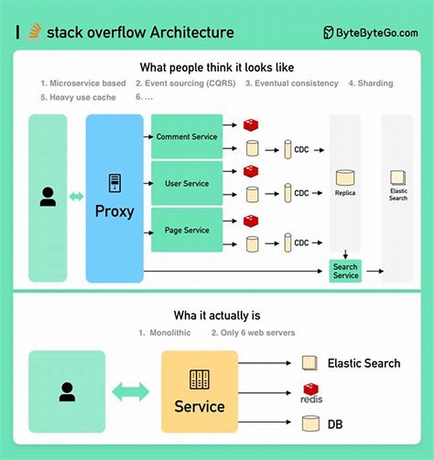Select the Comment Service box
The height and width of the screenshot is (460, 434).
point(187,137)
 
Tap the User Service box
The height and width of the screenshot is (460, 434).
point(187,183)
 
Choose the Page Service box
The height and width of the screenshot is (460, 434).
point(187,230)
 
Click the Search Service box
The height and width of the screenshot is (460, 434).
point(346,271)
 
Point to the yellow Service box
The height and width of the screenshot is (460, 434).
point(199,391)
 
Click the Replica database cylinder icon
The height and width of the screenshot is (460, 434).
point(345,177)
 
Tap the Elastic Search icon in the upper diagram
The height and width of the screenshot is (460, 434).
point(398,178)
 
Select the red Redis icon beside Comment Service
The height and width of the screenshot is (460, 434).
point(251,125)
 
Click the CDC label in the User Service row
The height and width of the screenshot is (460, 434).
point(302,193)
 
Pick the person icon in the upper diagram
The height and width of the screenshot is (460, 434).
point(48,196)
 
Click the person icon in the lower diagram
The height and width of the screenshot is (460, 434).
point(67,391)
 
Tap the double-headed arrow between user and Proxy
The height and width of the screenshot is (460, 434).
point(76,196)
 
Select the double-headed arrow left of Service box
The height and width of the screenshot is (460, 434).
point(130,391)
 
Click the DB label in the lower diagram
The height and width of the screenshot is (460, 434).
point(335,424)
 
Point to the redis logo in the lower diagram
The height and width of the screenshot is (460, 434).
point(311,393)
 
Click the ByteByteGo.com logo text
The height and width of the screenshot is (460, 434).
point(371,33)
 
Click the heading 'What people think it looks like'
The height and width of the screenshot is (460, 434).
point(217,67)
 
